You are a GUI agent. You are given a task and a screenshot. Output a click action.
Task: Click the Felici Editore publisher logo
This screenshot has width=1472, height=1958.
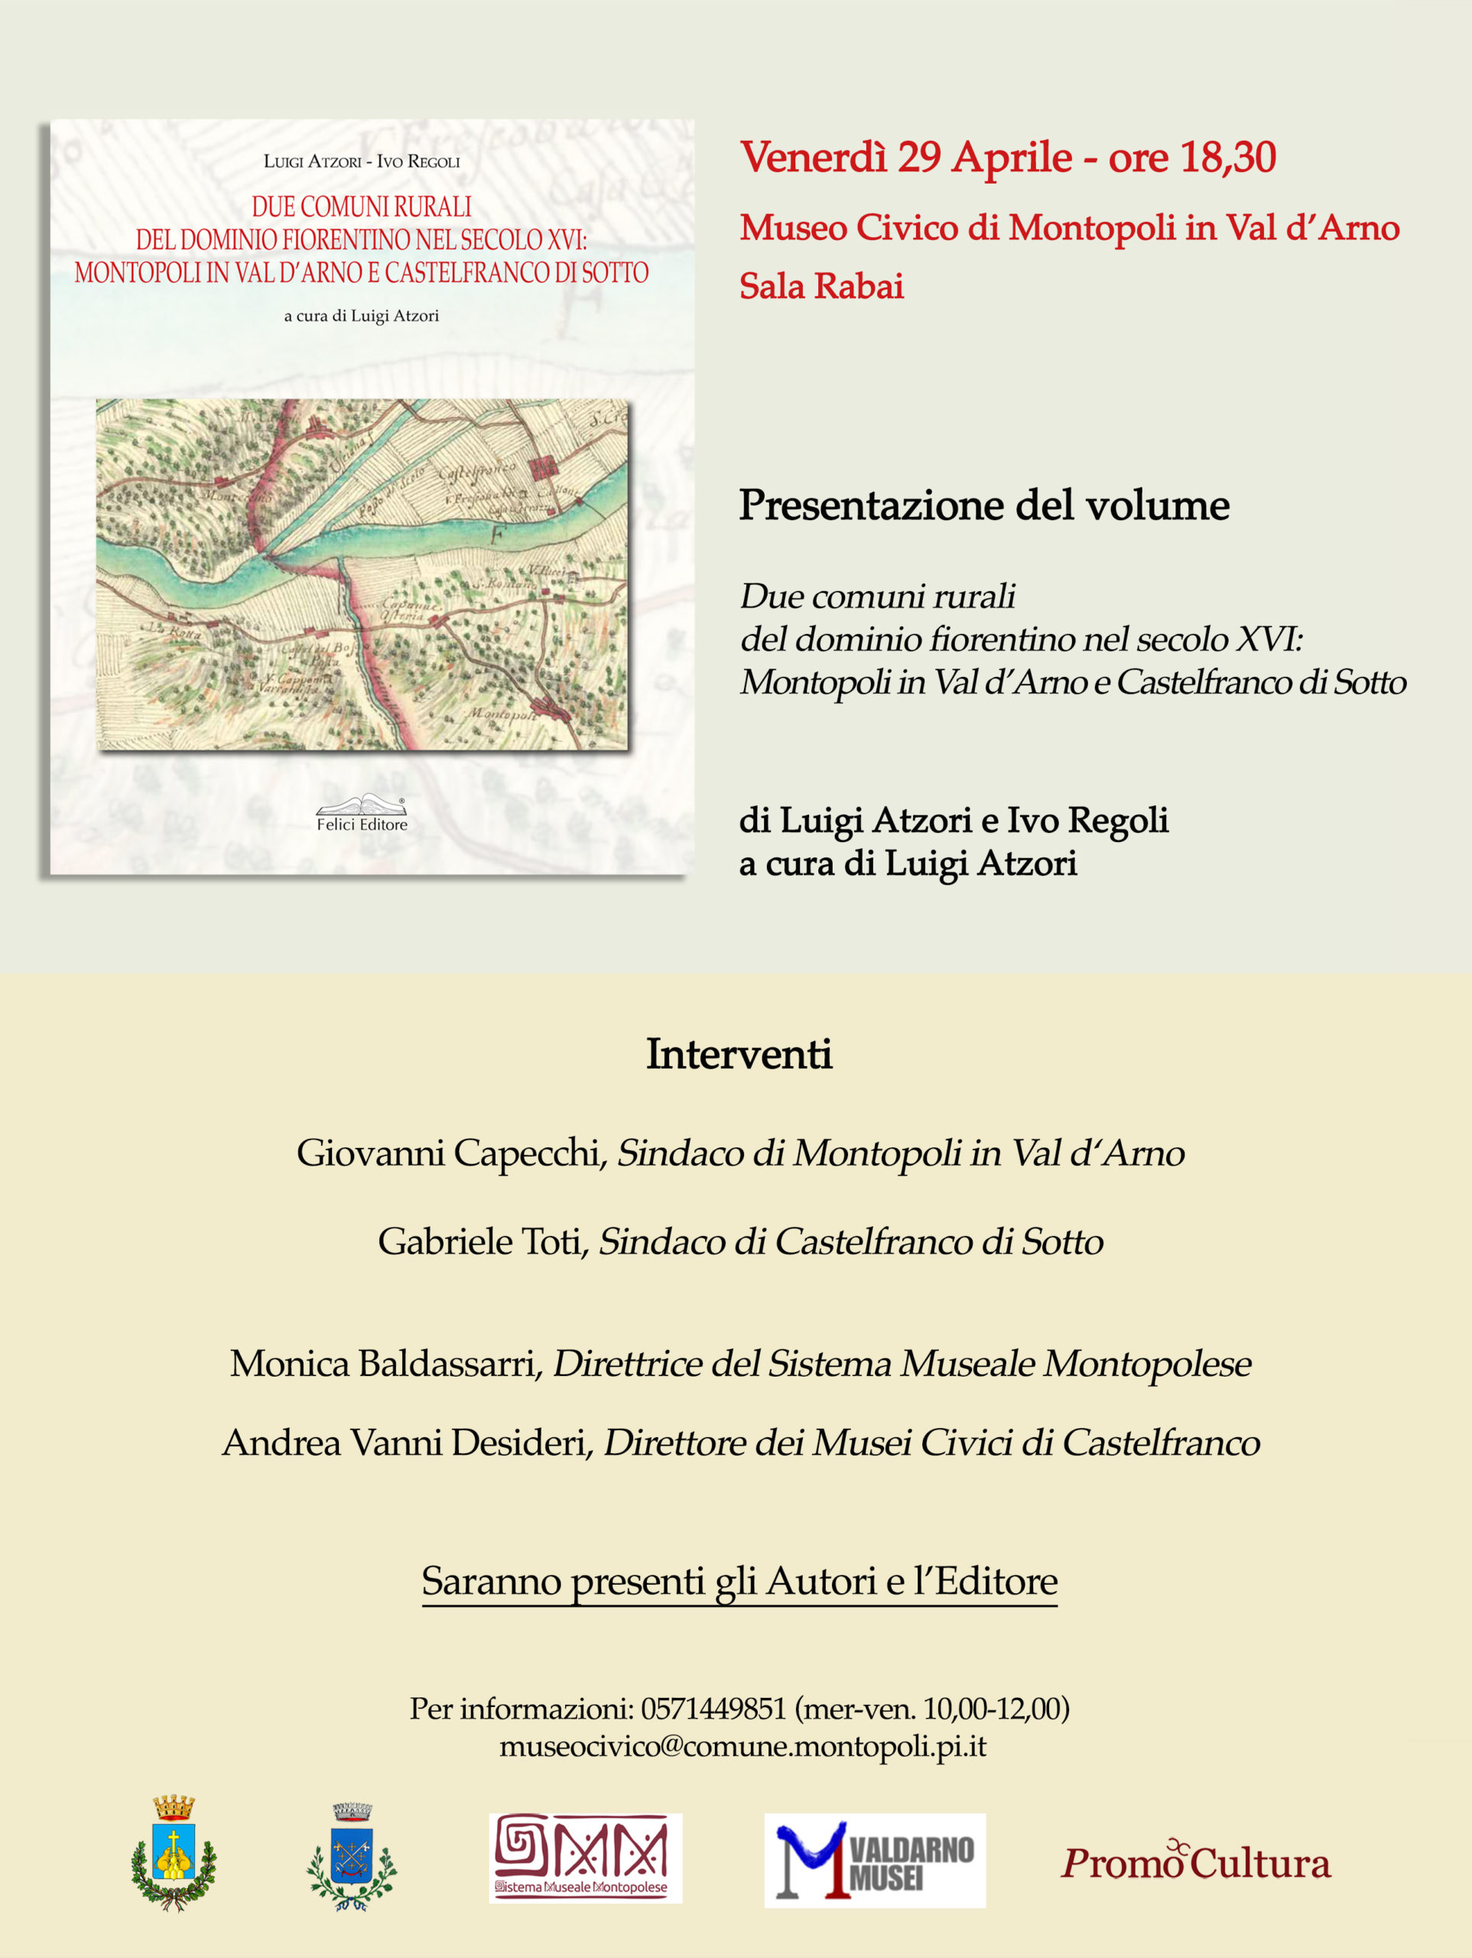(362, 812)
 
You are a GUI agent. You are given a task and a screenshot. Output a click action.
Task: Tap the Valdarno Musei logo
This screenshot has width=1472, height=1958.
(875, 1861)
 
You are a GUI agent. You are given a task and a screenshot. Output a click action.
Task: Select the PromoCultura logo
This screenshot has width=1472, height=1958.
(1195, 1862)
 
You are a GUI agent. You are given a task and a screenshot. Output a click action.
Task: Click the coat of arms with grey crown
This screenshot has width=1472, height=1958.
(353, 1856)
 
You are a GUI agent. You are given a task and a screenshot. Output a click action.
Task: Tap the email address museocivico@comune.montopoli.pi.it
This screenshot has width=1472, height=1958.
(742, 1746)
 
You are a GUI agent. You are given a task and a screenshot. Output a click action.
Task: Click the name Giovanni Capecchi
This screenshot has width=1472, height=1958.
(448, 1153)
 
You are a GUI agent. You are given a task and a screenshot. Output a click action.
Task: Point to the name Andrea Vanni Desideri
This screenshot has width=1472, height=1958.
(405, 1442)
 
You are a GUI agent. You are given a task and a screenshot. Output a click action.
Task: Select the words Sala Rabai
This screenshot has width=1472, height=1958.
(821, 286)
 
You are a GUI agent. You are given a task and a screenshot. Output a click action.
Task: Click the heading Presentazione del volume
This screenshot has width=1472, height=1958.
(983, 505)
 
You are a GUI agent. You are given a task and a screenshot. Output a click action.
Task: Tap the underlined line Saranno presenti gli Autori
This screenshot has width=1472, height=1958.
(739, 1580)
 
